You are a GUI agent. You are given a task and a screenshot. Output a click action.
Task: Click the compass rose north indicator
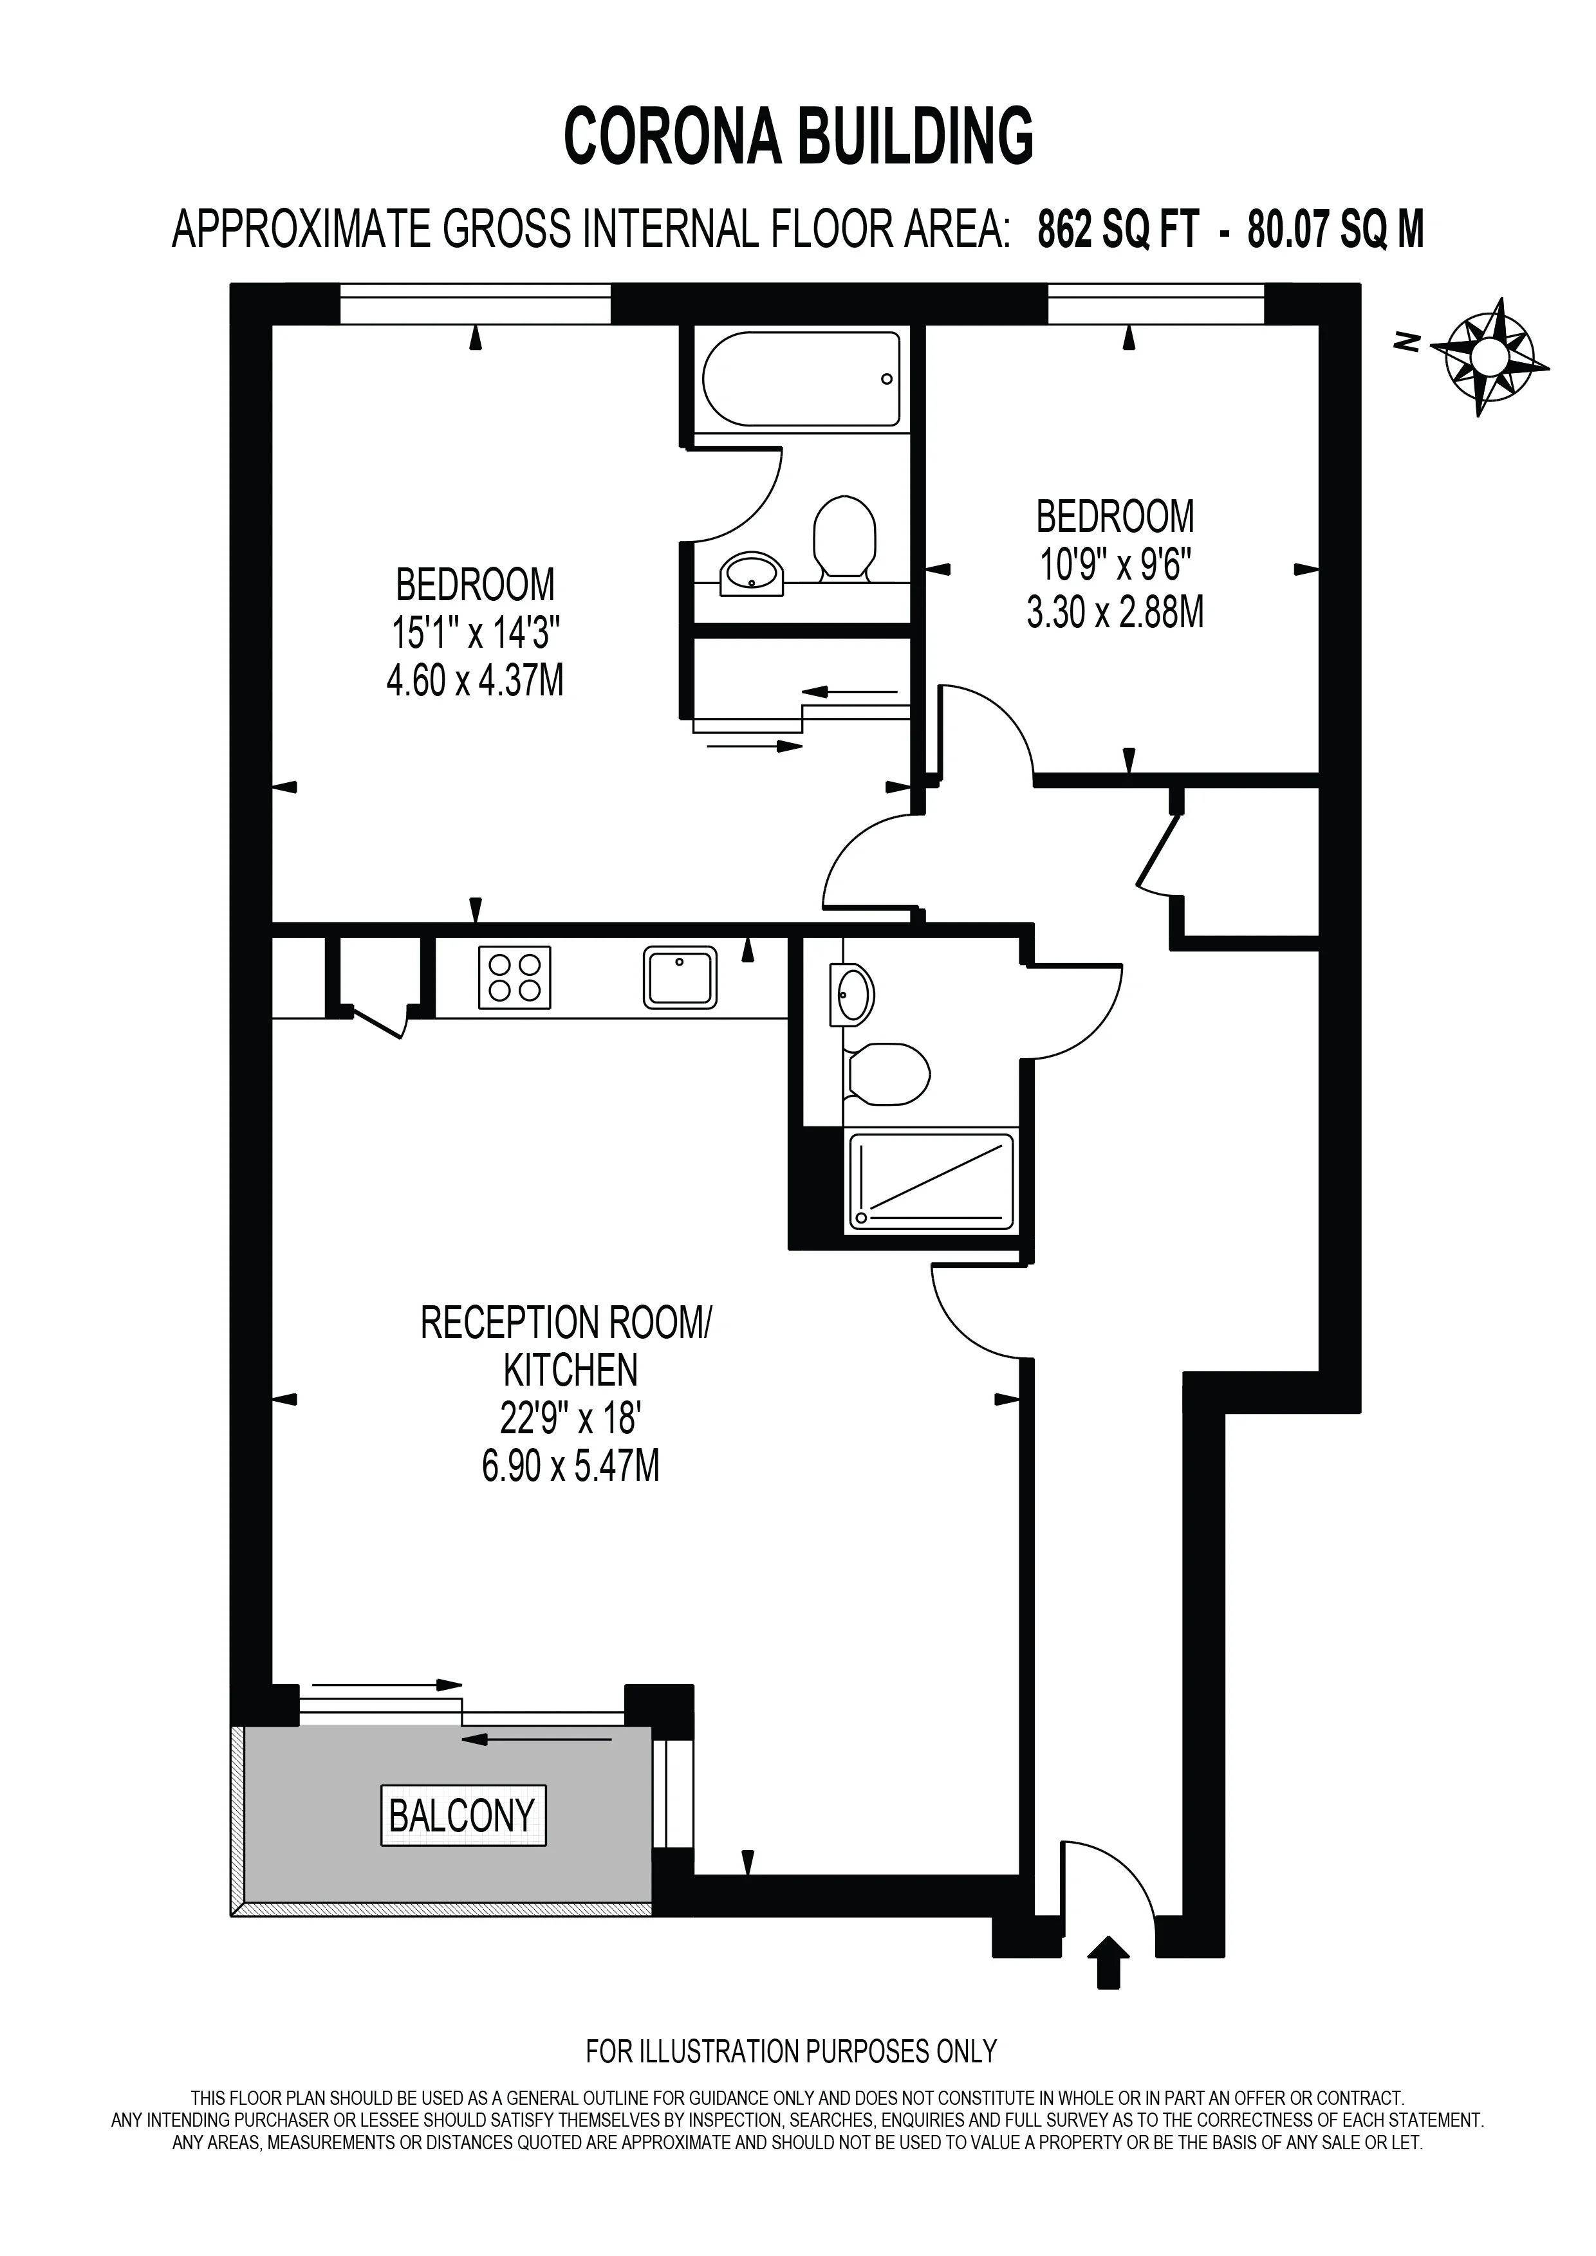point(1489,356)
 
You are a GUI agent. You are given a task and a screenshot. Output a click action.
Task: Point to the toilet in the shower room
point(886,1073)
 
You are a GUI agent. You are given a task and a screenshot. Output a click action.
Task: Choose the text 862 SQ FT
point(1118,231)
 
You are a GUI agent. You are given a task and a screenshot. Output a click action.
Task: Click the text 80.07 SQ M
point(1335,231)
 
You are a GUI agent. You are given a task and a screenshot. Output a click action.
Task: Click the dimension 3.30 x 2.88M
point(1115,612)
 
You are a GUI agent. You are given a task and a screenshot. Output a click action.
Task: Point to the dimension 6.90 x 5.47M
point(570,1466)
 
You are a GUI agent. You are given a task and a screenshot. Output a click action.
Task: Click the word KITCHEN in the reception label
point(570,1370)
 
